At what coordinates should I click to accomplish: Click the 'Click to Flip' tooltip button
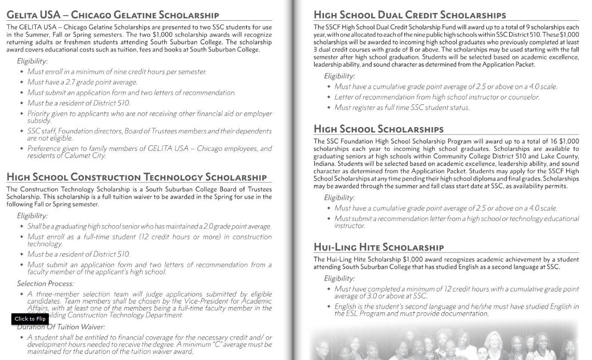(30, 319)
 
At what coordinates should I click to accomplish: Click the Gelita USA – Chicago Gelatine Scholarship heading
(112, 15)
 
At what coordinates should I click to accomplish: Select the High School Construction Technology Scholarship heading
(136, 177)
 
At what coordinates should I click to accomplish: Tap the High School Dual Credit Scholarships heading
(410, 15)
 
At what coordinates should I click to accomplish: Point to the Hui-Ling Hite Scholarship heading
(378, 247)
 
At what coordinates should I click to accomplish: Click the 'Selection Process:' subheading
(45, 284)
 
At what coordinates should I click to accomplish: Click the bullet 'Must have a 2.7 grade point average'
(82, 82)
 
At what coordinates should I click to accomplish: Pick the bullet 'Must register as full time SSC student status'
(402, 107)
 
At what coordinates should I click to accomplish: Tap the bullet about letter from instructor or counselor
(436, 97)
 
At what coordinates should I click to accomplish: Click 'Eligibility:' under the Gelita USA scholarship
(32, 61)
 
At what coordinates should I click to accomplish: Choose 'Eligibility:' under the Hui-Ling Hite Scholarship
(339, 279)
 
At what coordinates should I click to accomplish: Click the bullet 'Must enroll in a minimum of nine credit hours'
(117, 72)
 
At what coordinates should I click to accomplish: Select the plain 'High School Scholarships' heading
(378, 129)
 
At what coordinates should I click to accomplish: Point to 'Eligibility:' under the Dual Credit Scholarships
(339, 76)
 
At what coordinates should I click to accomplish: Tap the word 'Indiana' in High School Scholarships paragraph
(324, 164)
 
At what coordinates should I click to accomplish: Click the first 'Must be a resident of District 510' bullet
(78, 103)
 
